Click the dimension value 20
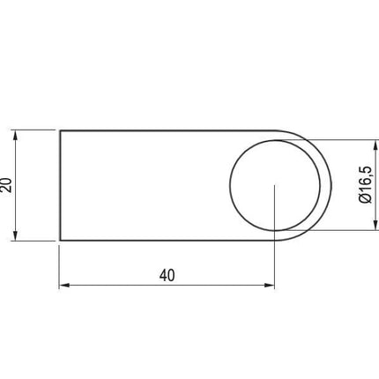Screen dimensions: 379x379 pyautogui.click(x=6, y=185)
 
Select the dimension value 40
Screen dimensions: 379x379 pyautogui.click(x=167, y=276)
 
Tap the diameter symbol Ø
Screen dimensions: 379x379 pyautogui.click(x=366, y=198)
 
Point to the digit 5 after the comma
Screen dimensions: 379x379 pyautogui.click(x=366, y=170)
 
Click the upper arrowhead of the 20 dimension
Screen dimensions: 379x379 pyautogui.click(x=16, y=136)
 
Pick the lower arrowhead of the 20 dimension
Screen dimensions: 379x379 pyautogui.click(x=16, y=235)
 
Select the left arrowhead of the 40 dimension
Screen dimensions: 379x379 pyautogui.click(x=64, y=285)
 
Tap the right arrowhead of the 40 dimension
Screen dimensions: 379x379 pyautogui.click(x=269, y=285)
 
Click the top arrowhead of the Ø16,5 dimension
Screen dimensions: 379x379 pyautogui.click(x=375, y=145)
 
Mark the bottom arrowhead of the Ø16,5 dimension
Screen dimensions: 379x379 pyautogui.click(x=375, y=225)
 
